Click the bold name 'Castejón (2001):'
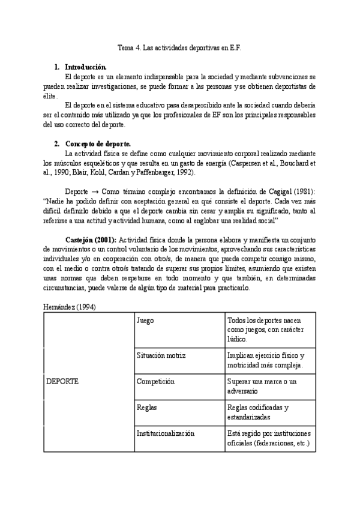(89, 232)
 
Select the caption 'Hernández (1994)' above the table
(70, 307)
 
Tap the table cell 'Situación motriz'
(163, 355)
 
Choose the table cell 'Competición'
(155, 381)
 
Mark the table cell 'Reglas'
(147, 408)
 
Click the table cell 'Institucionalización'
(166, 433)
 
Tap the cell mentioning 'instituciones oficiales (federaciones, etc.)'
(268, 438)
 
